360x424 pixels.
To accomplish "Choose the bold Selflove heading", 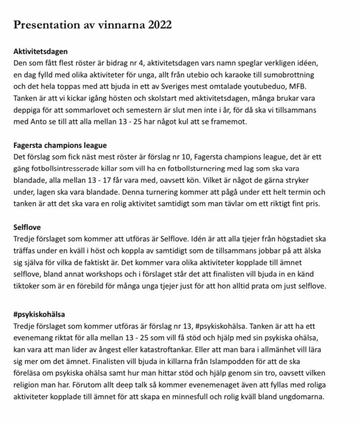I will [x=27, y=227].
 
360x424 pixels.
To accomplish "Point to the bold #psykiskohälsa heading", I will [x=39, y=314].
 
